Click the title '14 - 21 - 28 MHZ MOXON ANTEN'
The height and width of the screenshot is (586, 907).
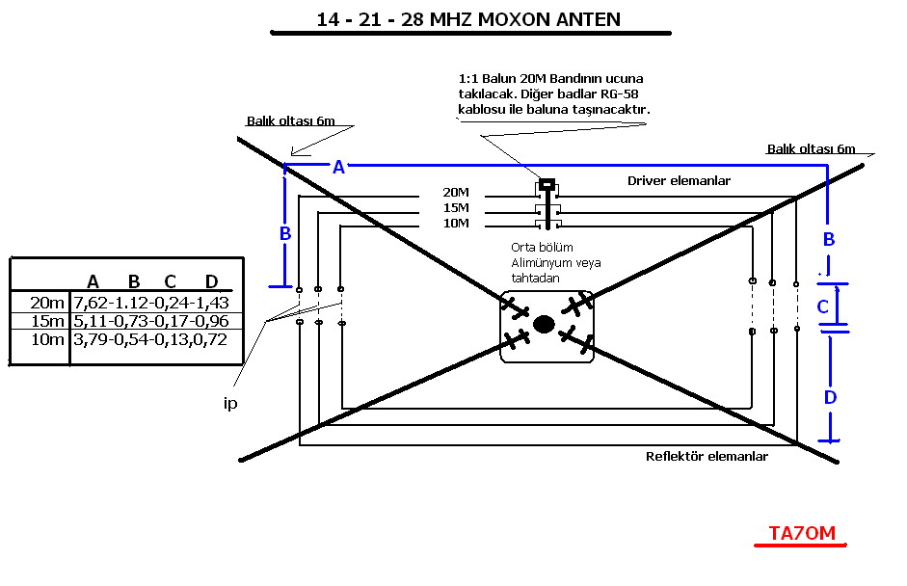click(468, 18)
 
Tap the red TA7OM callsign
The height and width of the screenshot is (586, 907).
click(801, 533)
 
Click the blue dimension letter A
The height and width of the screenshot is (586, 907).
click(338, 167)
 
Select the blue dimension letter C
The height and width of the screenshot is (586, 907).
click(822, 307)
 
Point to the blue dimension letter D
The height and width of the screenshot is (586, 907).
click(830, 396)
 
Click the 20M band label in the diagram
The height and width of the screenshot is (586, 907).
click(455, 192)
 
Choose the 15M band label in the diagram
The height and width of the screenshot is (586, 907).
click(455, 207)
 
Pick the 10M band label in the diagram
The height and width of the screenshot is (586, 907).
click(455, 224)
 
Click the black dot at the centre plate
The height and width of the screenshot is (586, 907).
click(544, 325)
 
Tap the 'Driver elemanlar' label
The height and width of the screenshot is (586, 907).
click(679, 180)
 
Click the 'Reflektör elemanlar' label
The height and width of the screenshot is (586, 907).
click(707, 456)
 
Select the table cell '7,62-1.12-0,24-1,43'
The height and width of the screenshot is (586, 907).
click(150, 303)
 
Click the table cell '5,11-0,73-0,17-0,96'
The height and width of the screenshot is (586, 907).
click(150, 321)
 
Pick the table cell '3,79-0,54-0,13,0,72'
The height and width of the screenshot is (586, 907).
click(150, 339)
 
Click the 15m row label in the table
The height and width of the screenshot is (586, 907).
click(47, 321)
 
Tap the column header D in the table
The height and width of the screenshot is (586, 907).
click(212, 281)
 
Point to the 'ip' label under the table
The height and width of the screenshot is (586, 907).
click(230, 404)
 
